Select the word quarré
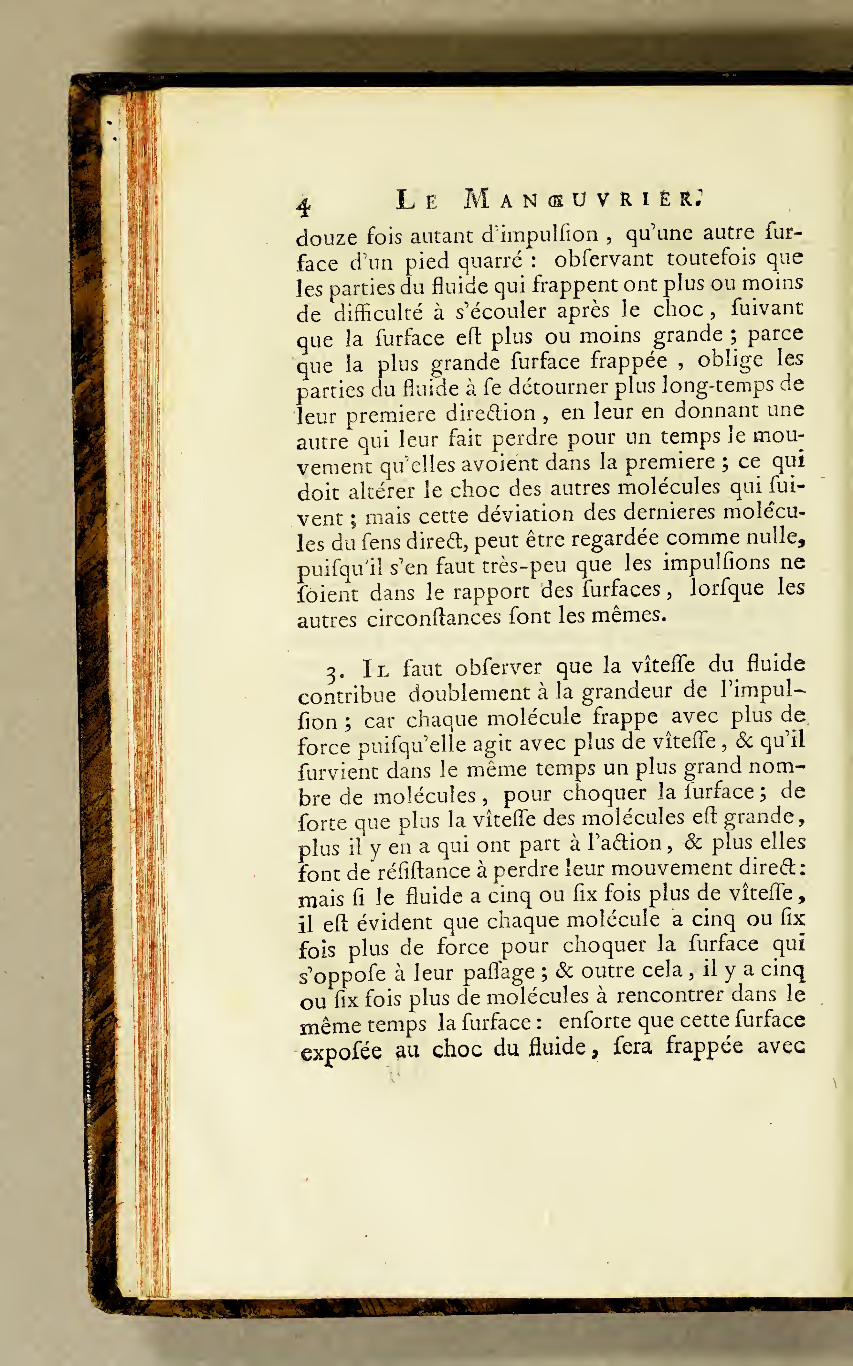click(x=490, y=260)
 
